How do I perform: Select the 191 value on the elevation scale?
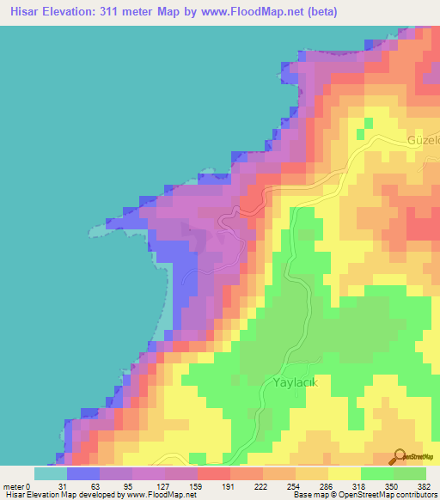(x=229, y=485)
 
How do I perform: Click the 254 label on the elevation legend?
(x=295, y=485)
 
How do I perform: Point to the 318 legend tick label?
(x=360, y=485)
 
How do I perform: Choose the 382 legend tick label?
(x=425, y=485)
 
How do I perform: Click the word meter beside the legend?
(x=14, y=485)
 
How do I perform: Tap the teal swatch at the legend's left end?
(x=50, y=473)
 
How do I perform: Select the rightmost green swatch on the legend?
(x=410, y=473)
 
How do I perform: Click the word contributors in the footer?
(x=412, y=495)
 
